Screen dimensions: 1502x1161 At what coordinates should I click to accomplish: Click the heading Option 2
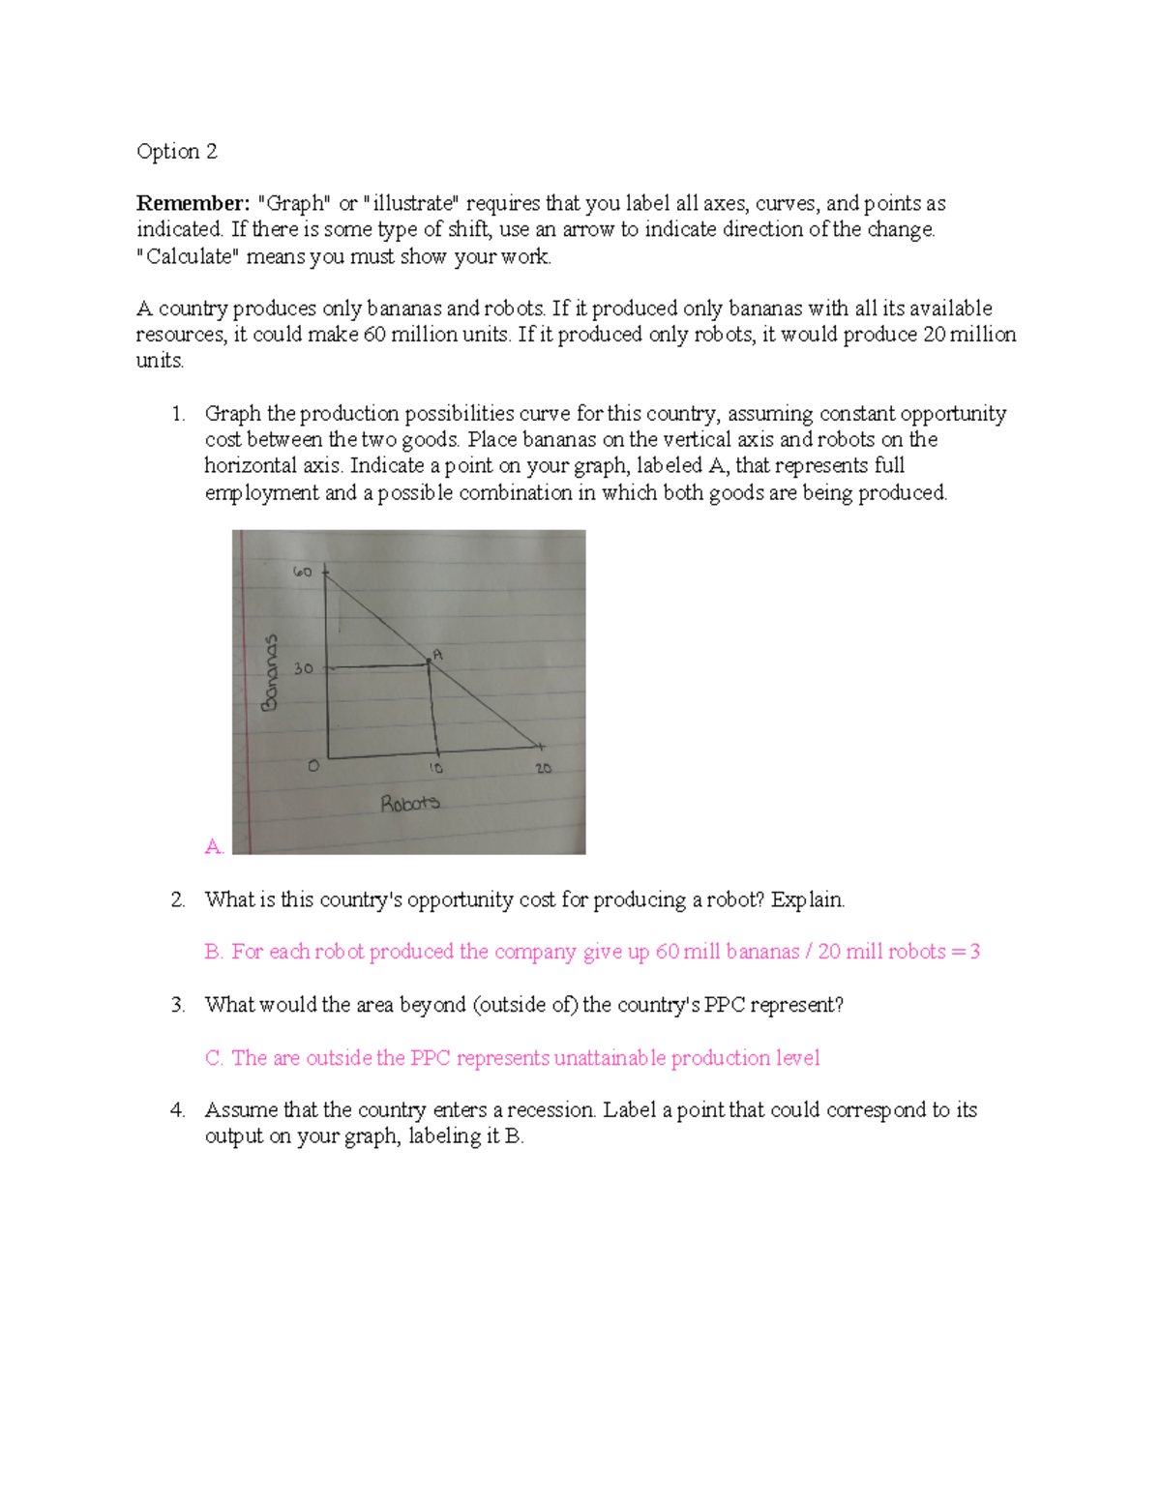click(x=177, y=152)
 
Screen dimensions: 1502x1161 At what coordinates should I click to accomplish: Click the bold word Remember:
click(x=193, y=204)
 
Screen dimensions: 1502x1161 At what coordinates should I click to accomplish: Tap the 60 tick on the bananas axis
click(x=302, y=572)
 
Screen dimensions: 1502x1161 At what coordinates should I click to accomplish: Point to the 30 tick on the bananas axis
click(x=303, y=668)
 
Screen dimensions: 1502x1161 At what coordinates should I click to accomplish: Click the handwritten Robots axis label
click(x=409, y=803)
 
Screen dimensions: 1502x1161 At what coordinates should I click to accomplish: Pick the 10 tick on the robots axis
click(x=436, y=768)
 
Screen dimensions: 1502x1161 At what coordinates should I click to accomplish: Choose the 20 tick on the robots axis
click(x=543, y=768)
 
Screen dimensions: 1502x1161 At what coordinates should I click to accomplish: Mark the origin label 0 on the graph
click(x=312, y=766)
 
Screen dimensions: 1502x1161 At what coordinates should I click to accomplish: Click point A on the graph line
click(x=429, y=662)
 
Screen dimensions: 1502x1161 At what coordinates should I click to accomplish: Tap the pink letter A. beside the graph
click(x=214, y=847)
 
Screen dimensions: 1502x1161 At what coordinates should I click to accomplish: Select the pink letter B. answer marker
click(x=214, y=953)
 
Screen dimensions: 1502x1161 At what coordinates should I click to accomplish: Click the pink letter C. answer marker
click(x=214, y=1059)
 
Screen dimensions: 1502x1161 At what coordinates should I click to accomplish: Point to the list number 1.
click(x=177, y=414)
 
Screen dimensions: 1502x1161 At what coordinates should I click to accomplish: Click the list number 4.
click(x=177, y=1110)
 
